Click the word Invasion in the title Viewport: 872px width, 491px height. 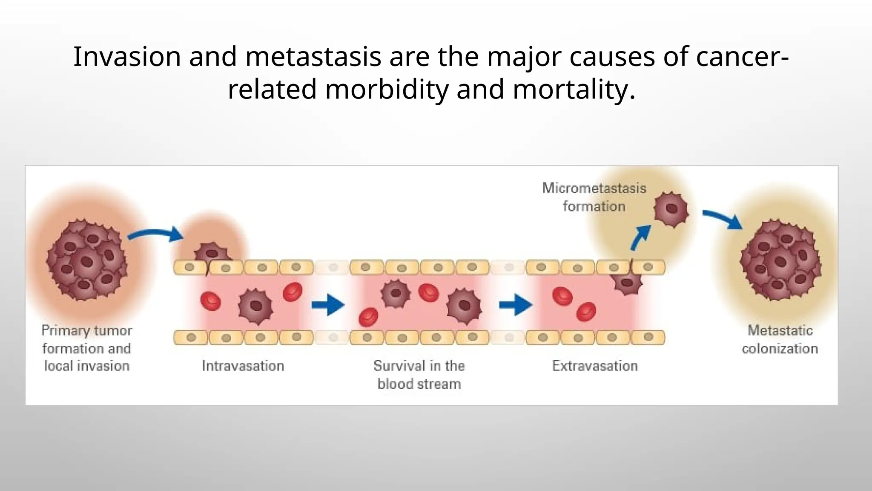[127, 57]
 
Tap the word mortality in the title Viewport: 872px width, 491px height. [574, 90]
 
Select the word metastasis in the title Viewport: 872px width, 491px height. [313, 57]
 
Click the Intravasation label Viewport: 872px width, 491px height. [243, 366]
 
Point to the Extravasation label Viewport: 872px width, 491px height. [595, 366]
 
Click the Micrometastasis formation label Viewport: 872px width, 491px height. [594, 197]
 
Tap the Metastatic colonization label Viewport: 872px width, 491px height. [780, 339]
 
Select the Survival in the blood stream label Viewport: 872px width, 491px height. [419, 375]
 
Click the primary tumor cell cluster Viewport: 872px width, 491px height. [87, 260]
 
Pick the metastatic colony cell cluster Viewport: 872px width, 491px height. [780, 260]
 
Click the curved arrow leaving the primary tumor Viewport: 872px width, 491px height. [156, 234]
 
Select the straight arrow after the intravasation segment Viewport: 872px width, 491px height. [327, 305]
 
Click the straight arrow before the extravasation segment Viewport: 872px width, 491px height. [515, 305]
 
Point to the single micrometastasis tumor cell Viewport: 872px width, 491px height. [671, 209]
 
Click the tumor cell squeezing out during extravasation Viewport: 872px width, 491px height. [626, 283]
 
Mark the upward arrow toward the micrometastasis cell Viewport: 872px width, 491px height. [641, 237]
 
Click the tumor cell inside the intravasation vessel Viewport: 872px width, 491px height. [255, 306]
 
